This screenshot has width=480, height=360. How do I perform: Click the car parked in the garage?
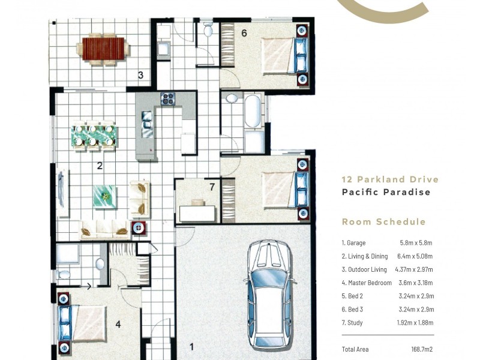pyautogui.click(x=268, y=294)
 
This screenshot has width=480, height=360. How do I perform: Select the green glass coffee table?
pyautogui.click(x=105, y=196)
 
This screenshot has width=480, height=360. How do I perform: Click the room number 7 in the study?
pyautogui.click(x=212, y=187)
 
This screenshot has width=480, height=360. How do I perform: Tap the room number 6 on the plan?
pyautogui.click(x=244, y=33)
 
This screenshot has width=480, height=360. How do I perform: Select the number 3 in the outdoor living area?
pyautogui.click(x=140, y=76)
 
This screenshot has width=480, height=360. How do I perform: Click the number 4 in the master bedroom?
pyautogui.click(x=118, y=325)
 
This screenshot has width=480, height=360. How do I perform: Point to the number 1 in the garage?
pyautogui.click(x=192, y=346)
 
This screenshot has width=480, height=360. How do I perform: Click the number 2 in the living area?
pyautogui.click(x=100, y=166)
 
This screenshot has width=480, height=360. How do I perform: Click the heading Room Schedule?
pyautogui.click(x=383, y=222)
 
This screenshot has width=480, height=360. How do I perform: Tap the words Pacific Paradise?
pyautogui.click(x=386, y=193)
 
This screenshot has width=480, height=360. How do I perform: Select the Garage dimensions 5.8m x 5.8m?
pyautogui.click(x=416, y=243)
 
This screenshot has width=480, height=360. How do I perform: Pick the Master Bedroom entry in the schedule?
pyautogui.click(x=366, y=283)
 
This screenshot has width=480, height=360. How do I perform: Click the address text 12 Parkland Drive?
pyautogui.click(x=389, y=179)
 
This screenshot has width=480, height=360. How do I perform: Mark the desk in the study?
pyautogui.click(x=196, y=212)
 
